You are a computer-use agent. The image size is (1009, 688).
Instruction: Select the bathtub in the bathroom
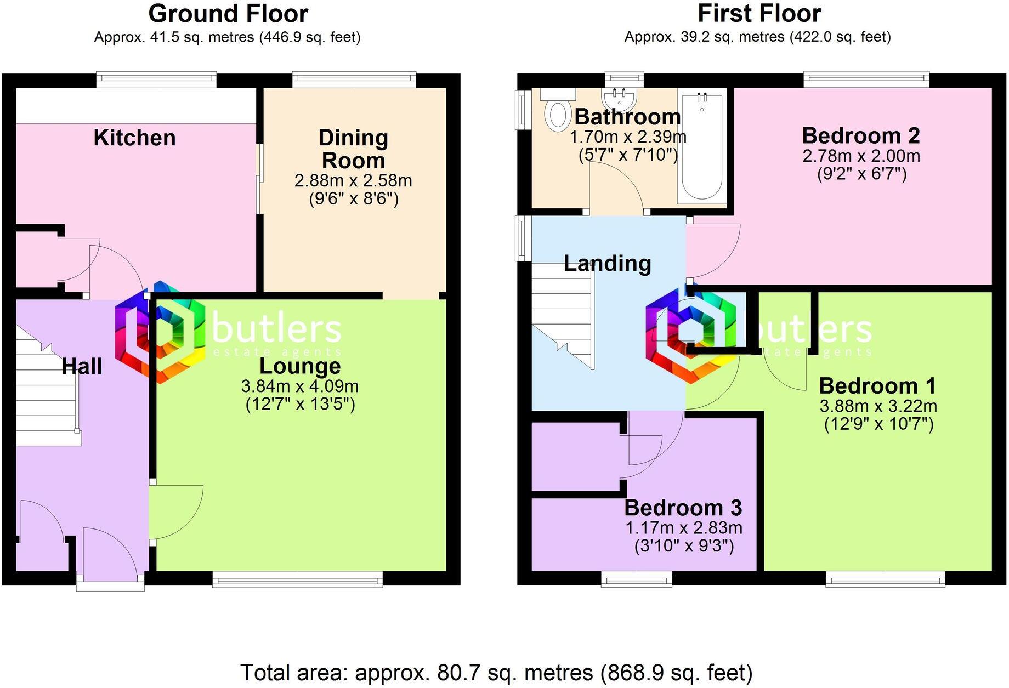(x=702, y=147)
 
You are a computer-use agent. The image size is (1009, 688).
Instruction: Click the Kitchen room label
(x=134, y=138)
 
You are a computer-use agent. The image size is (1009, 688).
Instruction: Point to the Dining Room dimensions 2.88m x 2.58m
(x=353, y=180)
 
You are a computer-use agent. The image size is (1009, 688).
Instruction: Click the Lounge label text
(x=300, y=366)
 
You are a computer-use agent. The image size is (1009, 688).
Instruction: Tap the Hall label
(x=82, y=366)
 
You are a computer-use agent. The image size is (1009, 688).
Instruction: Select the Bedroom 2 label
(x=860, y=135)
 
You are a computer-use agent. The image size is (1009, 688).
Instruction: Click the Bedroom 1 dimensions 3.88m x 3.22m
(x=878, y=406)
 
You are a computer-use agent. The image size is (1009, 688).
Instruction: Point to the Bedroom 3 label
(x=683, y=508)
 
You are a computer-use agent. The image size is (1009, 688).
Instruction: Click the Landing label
(x=607, y=264)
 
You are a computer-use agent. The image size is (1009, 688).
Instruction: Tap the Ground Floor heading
(x=228, y=14)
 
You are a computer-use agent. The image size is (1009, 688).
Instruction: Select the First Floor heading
(x=759, y=14)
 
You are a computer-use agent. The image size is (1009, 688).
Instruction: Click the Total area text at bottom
(x=496, y=672)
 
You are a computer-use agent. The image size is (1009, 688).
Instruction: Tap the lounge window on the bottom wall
(x=297, y=579)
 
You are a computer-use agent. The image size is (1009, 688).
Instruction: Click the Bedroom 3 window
(x=636, y=579)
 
